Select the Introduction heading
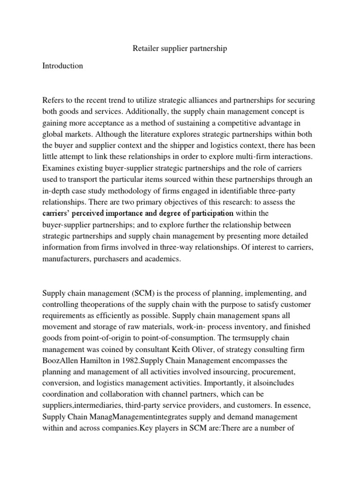tap(62, 66)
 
